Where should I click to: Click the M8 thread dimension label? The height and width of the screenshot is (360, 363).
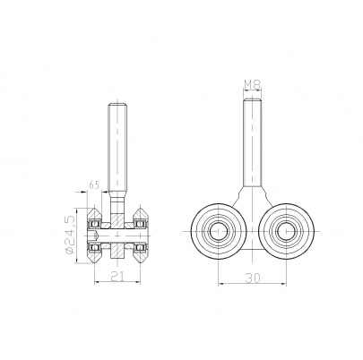coord(253,85)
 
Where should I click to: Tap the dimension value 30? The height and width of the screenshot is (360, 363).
coord(253,278)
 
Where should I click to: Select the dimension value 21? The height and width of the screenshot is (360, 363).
coord(117,277)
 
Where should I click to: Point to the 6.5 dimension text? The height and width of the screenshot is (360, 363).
coord(93,185)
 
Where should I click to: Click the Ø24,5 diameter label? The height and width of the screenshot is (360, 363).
coord(68,235)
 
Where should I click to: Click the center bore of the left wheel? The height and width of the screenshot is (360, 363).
coord(218,231)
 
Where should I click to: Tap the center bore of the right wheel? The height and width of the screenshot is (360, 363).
coord(286,231)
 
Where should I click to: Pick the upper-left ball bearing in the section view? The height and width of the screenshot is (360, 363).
coord(96,223)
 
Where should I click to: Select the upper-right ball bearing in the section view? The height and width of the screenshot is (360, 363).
coord(138,223)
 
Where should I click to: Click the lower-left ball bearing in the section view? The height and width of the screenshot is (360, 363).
coord(96,247)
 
